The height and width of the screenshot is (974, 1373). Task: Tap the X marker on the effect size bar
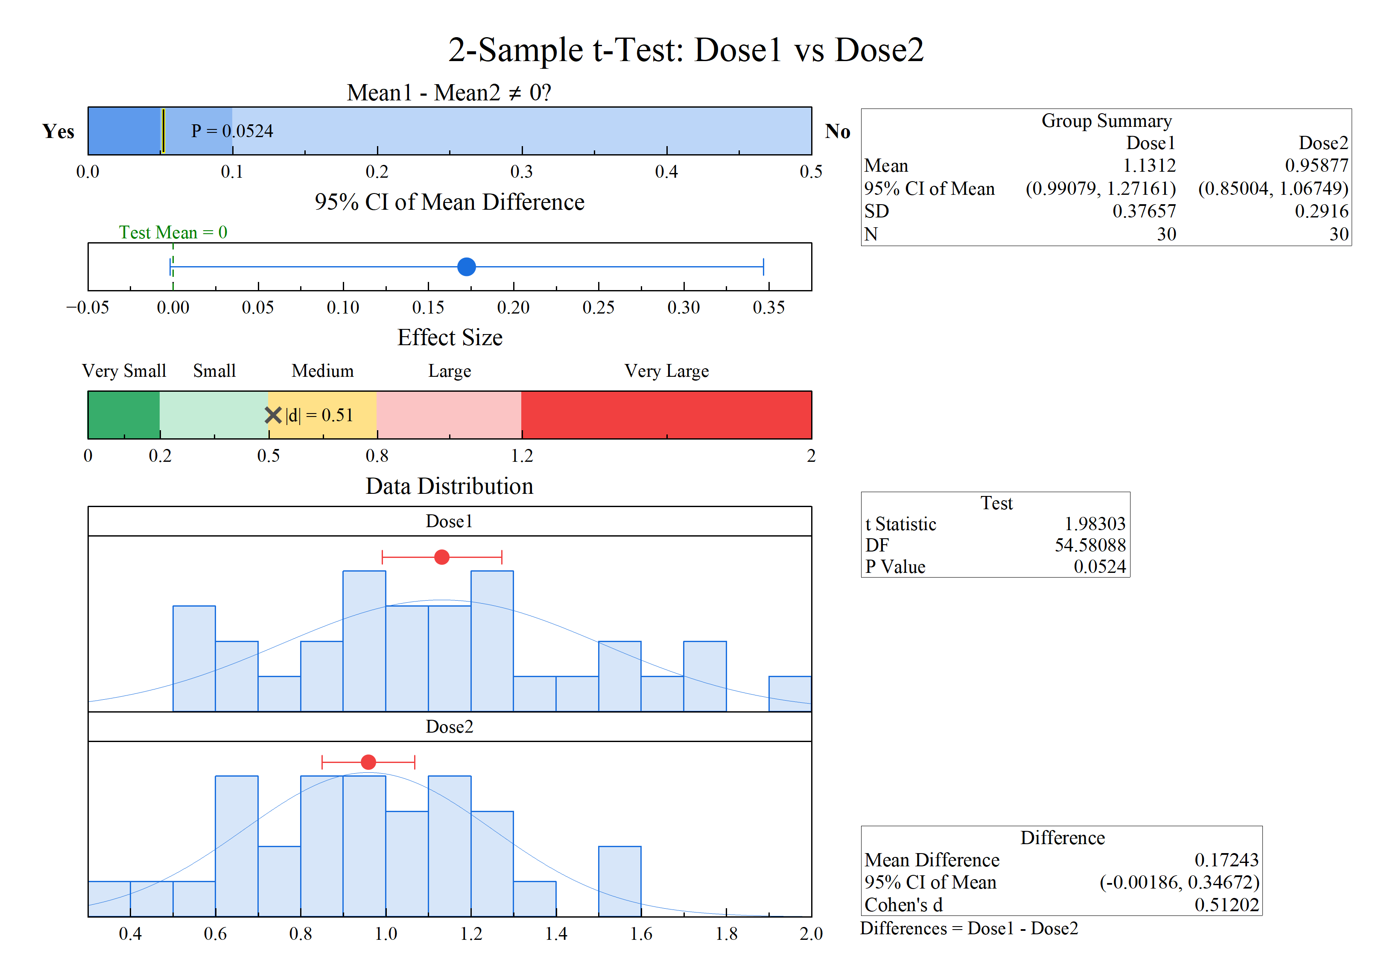click(273, 415)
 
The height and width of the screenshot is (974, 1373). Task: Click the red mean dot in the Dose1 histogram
click(442, 557)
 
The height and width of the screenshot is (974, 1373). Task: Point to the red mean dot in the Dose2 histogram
click(368, 762)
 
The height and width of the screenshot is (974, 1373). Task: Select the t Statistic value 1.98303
click(1094, 524)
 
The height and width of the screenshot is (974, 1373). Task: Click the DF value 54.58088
click(1090, 545)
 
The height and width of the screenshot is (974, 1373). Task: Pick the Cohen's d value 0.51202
click(1226, 904)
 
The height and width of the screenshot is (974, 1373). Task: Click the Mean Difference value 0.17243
click(1226, 860)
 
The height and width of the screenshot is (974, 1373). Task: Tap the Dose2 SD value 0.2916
click(1321, 211)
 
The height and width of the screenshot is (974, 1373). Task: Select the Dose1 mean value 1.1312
click(1149, 165)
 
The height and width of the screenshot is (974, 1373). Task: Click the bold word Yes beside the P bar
click(58, 131)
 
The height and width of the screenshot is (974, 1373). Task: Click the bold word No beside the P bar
click(837, 131)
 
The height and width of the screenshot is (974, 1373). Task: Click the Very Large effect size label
click(666, 371)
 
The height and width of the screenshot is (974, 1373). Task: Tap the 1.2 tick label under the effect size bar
click(521, 456)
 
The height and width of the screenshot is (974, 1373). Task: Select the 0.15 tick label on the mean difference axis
click(428, 308)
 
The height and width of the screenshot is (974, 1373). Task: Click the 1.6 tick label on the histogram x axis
click(641, 934)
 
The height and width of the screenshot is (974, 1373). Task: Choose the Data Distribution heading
click(450, 486)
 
